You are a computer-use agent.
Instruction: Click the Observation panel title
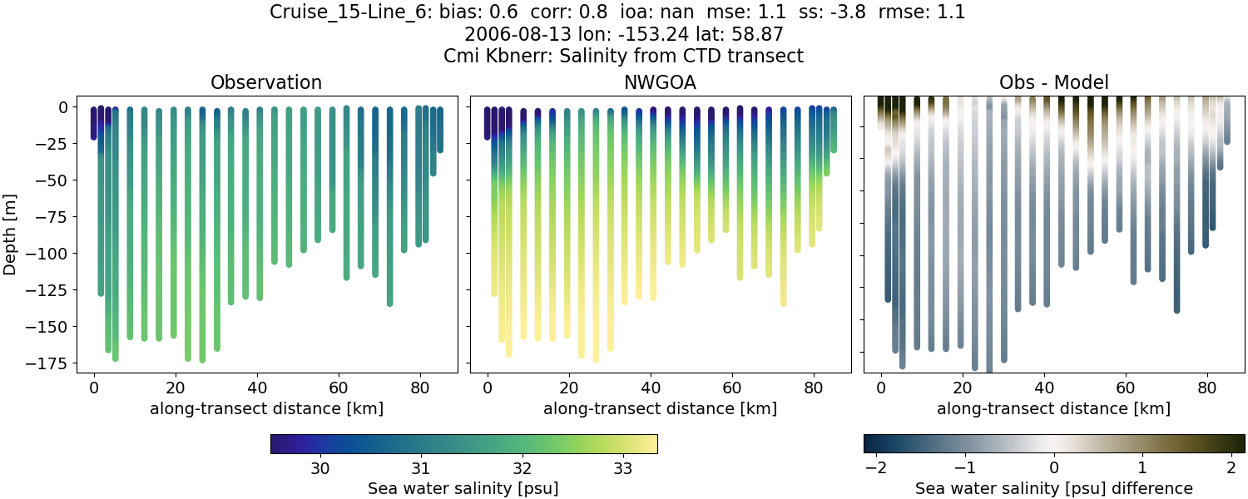tap(266, 82)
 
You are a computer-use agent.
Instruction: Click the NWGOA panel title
tap(660, 82)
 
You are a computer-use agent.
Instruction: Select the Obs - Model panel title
tap(1053, 82)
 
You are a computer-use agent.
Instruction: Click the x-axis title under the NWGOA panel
tap(660, 408)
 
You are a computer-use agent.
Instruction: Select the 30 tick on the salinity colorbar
tap(320, 468)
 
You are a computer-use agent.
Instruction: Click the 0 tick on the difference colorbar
tap(1053, 468)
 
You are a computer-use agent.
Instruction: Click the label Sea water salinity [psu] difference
tap(1053, 488)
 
